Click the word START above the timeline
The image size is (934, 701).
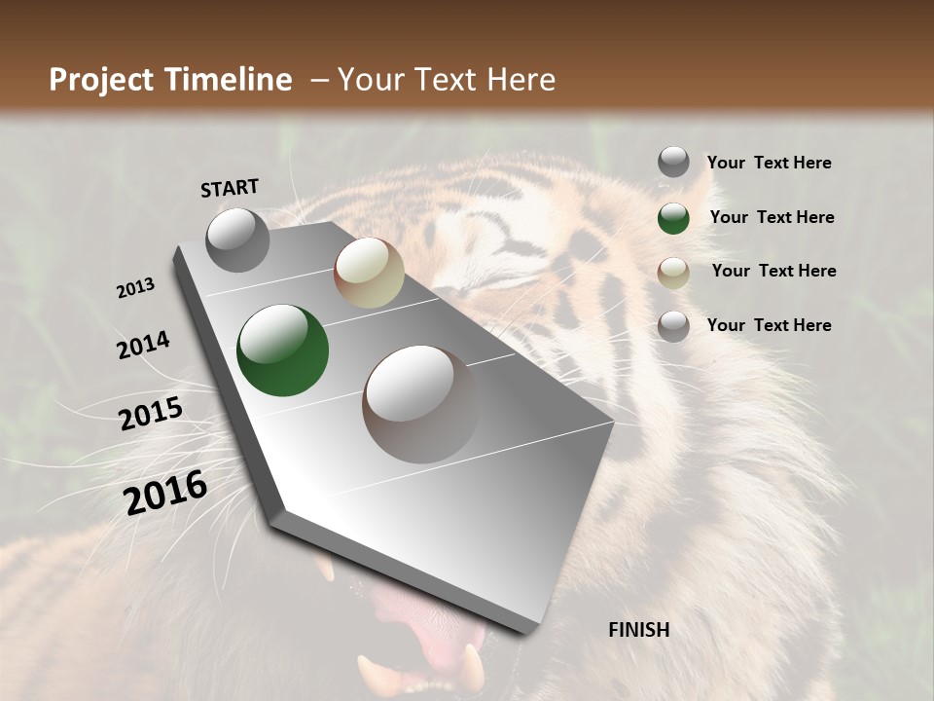point(230,188)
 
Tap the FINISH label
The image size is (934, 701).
point(638,630)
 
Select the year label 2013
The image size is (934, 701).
point(135,288)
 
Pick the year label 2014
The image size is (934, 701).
point(143,346)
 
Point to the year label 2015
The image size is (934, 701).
point(151,415)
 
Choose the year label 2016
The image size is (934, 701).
point(165,493)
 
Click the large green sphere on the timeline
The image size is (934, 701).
point(282,351)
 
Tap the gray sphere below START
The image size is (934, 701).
point(237,240)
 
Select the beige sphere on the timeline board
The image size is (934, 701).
point(369,273)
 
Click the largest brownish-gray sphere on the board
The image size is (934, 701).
point(420,403)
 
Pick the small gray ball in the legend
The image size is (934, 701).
point(673,162)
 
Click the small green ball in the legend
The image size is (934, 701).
point(673,218)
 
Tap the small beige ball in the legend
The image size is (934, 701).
point(673,273)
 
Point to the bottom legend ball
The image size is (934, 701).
point(673,326)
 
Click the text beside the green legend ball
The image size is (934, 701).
point(772,217)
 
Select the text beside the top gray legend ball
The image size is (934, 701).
point(769,163)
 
